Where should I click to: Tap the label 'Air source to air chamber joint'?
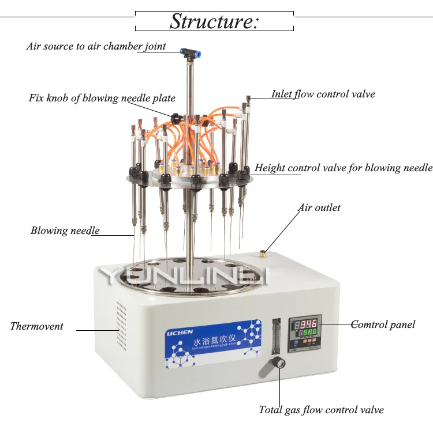(x=96, y=46)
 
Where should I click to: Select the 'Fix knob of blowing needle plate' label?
(x=102, y=98)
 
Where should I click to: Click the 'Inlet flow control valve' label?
(x=323, y=94)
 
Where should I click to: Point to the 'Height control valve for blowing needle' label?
(x=344, y=168)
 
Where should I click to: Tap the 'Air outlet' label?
(x=319, y=207)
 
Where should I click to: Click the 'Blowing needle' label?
(x=65, y=231)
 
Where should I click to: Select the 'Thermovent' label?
(x=37, y=326)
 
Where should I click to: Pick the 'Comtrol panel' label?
(x=383, y=324)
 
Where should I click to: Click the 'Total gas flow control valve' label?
(x=321, y=410)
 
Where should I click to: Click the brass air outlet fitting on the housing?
(x=263, y=252)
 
